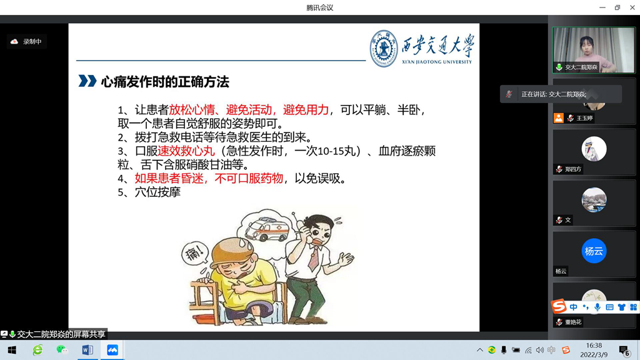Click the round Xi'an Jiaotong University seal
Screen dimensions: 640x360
383,49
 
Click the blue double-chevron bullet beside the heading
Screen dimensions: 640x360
87,81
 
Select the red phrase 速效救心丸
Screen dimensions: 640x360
186,151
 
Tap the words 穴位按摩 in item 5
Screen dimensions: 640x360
157,192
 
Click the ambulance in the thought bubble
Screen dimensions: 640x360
266,230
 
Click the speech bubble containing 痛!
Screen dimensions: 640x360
195,254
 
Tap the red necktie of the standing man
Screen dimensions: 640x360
314,258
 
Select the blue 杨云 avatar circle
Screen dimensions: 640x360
594,251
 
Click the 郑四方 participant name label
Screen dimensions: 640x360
573,169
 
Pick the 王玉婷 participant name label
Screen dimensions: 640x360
584,118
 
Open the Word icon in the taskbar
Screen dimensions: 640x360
87,350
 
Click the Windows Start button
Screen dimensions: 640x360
12,350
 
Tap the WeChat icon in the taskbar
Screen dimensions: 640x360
62,350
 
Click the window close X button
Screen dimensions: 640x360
632,7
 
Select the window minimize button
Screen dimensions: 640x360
602,7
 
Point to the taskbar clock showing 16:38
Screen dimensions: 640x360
594,346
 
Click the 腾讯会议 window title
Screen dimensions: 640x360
319,7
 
